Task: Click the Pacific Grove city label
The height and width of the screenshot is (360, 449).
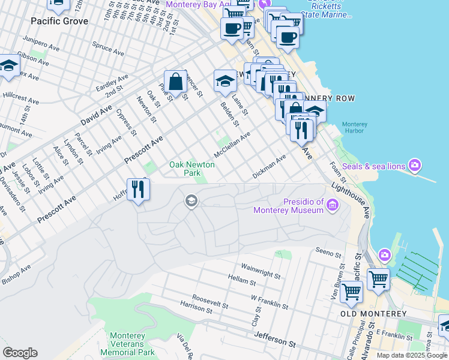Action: point(60,21)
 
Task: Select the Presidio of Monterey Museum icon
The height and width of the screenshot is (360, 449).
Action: point(332,206)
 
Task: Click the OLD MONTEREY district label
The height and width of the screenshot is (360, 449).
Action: point(373,314)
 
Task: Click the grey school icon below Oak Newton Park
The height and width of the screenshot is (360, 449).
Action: point(191,200)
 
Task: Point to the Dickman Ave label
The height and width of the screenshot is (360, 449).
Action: point(269,165)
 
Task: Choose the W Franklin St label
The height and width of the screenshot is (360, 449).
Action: point(270,302)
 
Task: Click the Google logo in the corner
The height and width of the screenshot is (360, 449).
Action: point(20,353)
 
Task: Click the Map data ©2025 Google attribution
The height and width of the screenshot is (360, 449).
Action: point(412,355)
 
